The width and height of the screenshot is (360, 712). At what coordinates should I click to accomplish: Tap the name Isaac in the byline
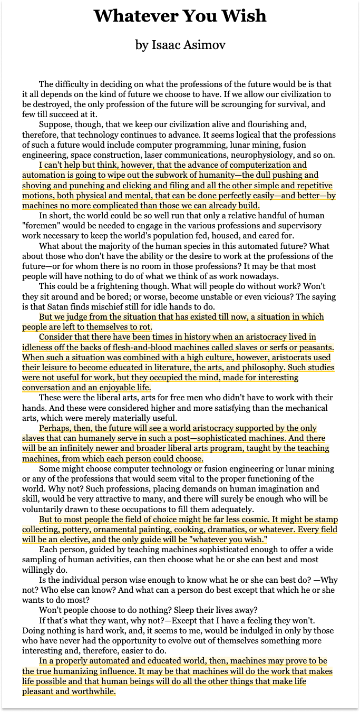tap(167, 45)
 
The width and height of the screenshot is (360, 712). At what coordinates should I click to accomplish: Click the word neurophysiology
tap(264, 155)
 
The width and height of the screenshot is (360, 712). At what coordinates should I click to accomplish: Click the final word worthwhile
tap(90, 691)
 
